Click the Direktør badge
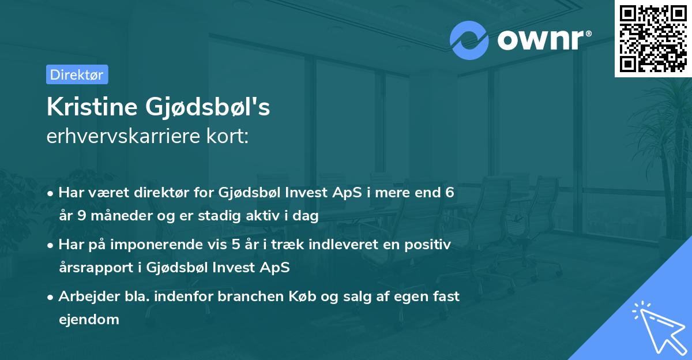(x=77, y=74)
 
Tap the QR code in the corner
(x=653, y=38)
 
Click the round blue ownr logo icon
(x=469, y=40)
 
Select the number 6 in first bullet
(x=449, y=193)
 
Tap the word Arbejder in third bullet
(x=84, y=297)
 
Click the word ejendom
(x=89, y=319)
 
